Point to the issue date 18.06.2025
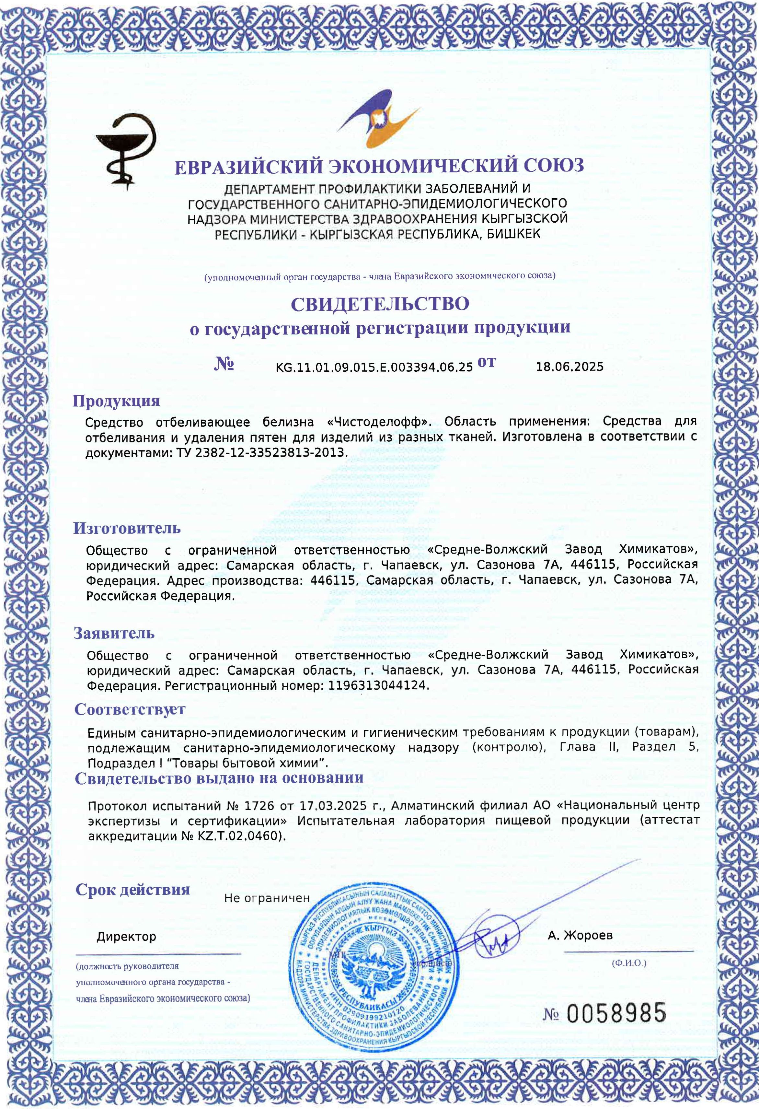point(569,367)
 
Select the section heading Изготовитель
point(127,528)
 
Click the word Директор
point(126,937)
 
